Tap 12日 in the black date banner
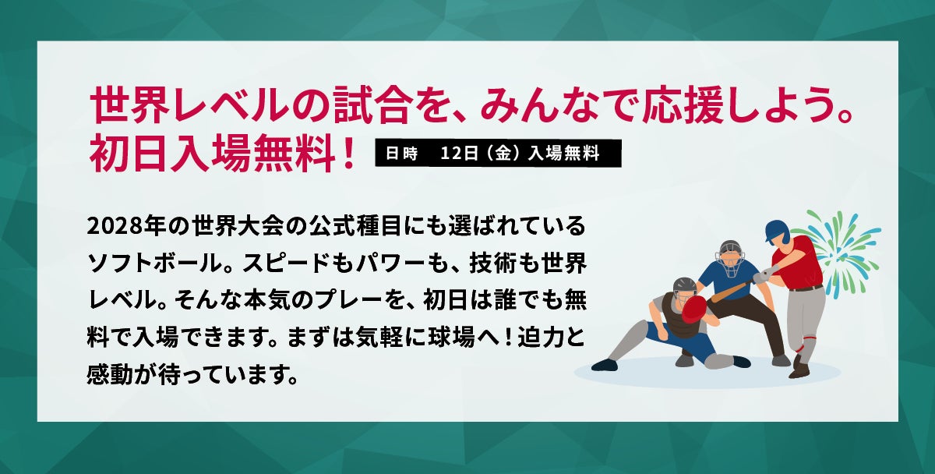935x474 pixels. [x=459, y=154]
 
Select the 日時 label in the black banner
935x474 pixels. [x=401, y=154]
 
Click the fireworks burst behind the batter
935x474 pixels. [x=844, y=253]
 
